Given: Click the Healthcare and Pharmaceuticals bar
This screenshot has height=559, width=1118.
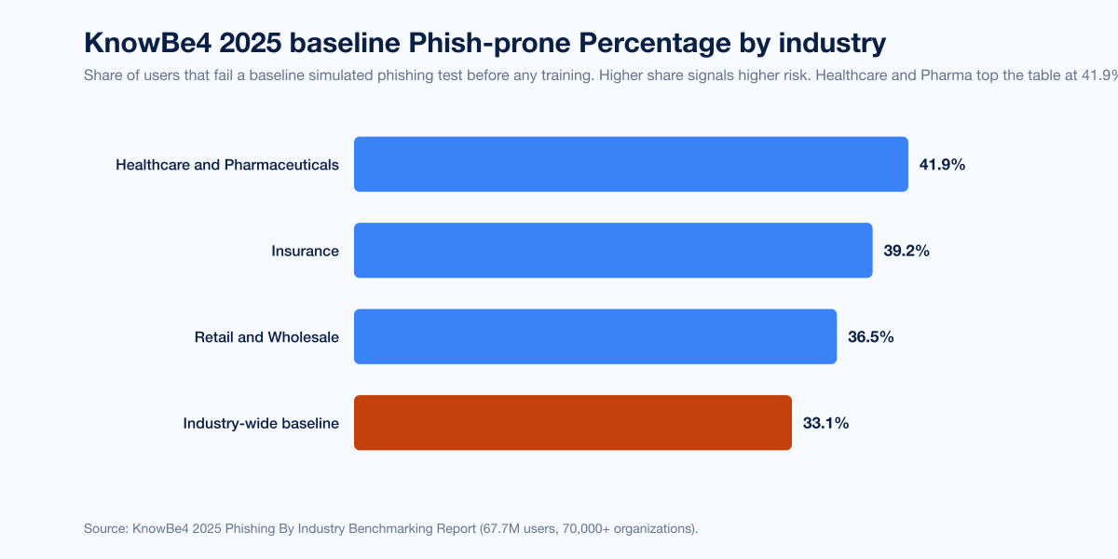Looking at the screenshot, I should tap(631, 164).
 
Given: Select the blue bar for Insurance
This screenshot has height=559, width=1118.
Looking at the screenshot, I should tap(613, 250).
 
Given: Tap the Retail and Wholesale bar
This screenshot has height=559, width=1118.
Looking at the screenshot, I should tap(595, 336).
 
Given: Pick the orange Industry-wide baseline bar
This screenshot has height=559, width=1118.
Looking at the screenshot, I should tap(573, 422).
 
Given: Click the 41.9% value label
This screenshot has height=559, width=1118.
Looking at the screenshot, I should tap(942, 165).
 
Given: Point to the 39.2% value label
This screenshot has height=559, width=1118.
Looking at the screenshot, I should tap(907, 251).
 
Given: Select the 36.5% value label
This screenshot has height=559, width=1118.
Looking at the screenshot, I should tap(870, 337).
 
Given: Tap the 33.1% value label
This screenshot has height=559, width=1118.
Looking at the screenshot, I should tap(825, 423).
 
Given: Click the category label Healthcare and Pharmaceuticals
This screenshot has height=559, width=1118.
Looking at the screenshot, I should tap(227, 165).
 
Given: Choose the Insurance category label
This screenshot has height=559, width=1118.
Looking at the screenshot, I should tap(305, 251).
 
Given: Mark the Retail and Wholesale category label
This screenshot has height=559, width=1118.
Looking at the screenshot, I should tap(266, 337).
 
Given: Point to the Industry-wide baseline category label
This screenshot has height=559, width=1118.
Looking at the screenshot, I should tap(261, 423).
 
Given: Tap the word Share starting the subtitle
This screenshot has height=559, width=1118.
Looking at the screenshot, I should tap(102, 75).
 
